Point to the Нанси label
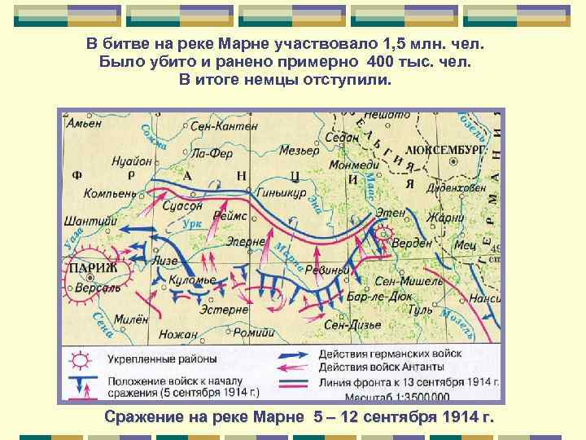(x=484, y=299)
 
